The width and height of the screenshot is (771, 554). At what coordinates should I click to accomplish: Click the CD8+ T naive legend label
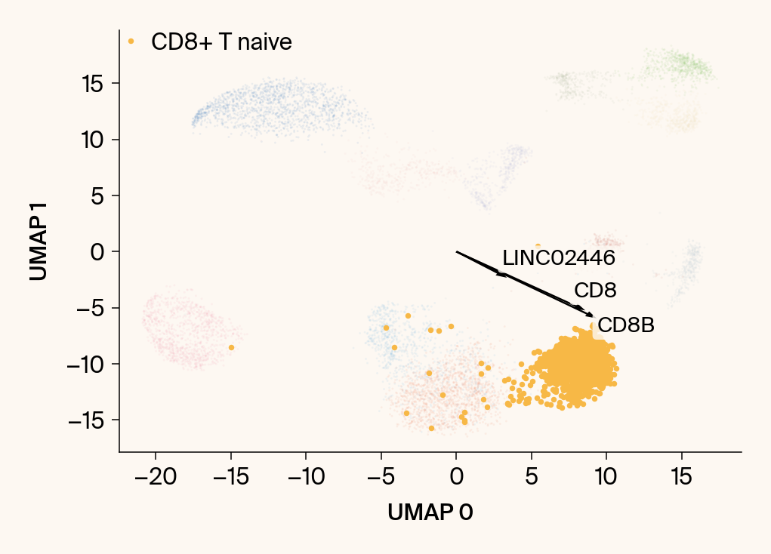point(221,42)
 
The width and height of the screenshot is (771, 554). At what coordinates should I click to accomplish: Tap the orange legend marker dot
point(131,42)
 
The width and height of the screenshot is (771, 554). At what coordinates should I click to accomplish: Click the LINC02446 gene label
point(559,258)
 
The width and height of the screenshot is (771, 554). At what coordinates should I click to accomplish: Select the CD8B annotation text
point(625,326)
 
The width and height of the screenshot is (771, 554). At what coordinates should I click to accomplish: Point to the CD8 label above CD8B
point(595,291)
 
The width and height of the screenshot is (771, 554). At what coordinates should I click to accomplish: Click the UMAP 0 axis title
point(430,512)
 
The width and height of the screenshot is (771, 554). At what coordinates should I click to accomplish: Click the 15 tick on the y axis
point(94,83)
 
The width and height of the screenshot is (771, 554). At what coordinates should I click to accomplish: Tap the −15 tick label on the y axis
point(85,420)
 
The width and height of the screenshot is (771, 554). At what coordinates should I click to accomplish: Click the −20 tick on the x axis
point(156,478)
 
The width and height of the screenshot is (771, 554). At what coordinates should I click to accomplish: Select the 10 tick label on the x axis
point(606,478)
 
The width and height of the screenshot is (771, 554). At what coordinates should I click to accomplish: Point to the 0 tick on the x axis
point(456,478)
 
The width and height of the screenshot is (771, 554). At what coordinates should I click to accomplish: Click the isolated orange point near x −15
point(231,347)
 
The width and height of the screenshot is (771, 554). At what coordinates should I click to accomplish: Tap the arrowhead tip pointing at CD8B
point(594,317)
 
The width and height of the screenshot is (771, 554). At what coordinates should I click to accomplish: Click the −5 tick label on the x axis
point(381,478)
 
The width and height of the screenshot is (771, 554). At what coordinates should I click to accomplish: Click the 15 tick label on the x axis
point(681,478)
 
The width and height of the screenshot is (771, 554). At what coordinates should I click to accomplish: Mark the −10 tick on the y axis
point(85,364)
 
